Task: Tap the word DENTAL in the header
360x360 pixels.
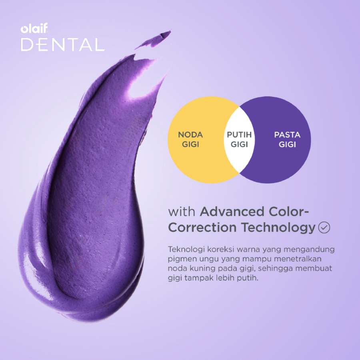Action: (62, 45)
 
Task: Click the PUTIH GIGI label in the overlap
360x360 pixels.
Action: (239, 140)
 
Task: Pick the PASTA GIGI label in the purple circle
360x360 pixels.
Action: (287, 140)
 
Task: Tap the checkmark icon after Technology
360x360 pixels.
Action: (324, 228)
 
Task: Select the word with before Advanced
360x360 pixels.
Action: (182, 211)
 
